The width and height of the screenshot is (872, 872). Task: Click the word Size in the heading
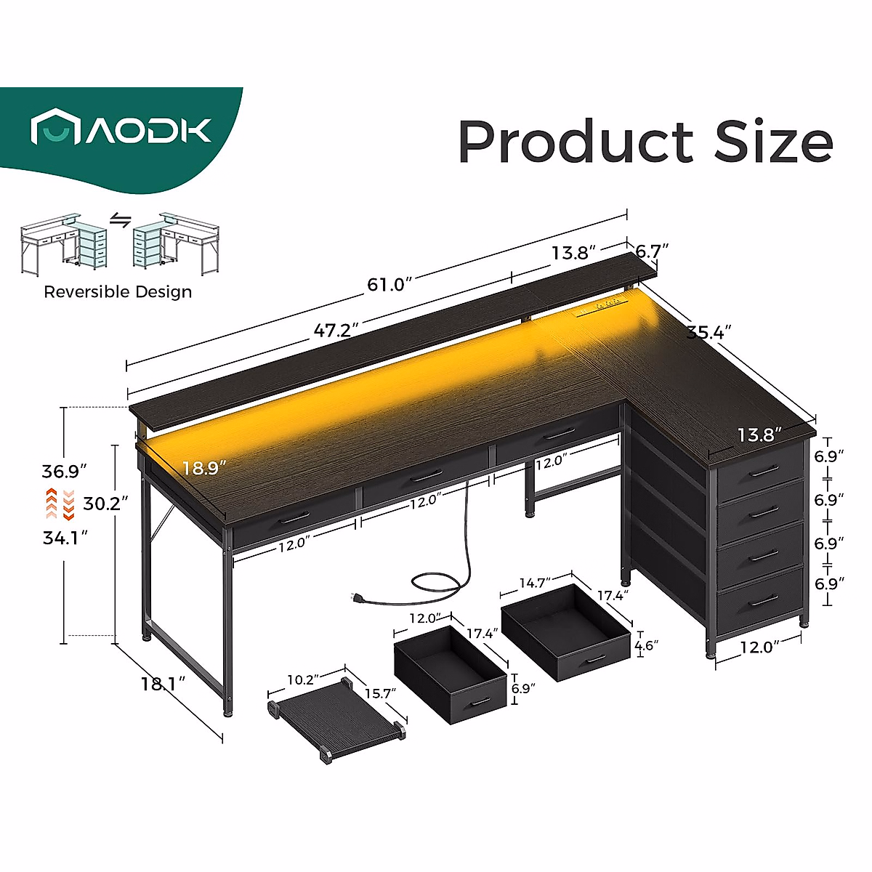tap(773, 142)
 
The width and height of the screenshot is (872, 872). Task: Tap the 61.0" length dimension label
tap(389, 284)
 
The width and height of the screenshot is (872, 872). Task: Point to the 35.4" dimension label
tap(708, 333)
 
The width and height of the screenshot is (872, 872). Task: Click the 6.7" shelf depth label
tap(652, 251)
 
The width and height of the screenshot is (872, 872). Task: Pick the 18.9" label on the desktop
tap(204, 468)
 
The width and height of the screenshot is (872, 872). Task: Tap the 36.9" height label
tap(64, 471)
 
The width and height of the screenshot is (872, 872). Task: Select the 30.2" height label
tap(105, 503)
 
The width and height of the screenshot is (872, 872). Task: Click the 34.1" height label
tap(65, 538)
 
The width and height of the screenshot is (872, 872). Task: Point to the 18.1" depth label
tap(163, 684)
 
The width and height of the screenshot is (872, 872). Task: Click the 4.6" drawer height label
tap(646, 645)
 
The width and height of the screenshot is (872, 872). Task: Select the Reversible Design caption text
tap(118, 292)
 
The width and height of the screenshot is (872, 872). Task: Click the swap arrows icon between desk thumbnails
tap(120, 220)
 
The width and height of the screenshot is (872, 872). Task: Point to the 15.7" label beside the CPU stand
tap(379, 694)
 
